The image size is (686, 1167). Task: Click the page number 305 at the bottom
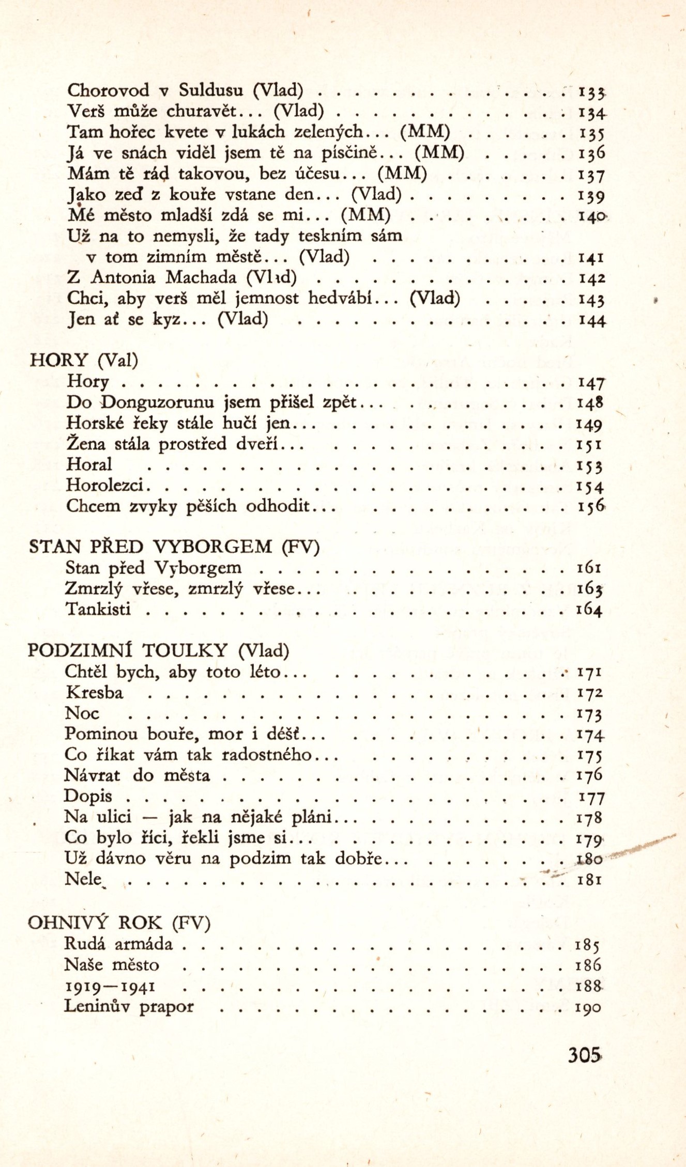[x=584, y=1054]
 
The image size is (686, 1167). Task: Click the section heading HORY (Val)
[x=84, y=360]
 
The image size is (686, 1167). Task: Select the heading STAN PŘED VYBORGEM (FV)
[x=174, y=547]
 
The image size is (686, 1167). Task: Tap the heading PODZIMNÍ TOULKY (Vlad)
[x=158, y=650]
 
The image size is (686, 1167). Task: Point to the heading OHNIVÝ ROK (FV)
[x=119, y=923]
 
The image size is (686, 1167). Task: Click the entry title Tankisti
[x=98, y=610]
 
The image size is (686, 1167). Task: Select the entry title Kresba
[x=94, y=693]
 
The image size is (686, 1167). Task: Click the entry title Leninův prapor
[x=129, y=1006]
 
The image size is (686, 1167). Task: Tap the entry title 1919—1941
[x=110, y=986]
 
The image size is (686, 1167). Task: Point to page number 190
[x=588, y=1007]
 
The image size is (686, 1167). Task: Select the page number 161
[x=589, y=568]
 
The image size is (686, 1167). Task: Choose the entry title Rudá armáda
[x=118, y=944]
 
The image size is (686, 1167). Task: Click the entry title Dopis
[x=88, y=796]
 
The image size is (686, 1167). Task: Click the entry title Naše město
[x=112, y=964]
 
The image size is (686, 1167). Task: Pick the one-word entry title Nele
[x=83, y=879]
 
